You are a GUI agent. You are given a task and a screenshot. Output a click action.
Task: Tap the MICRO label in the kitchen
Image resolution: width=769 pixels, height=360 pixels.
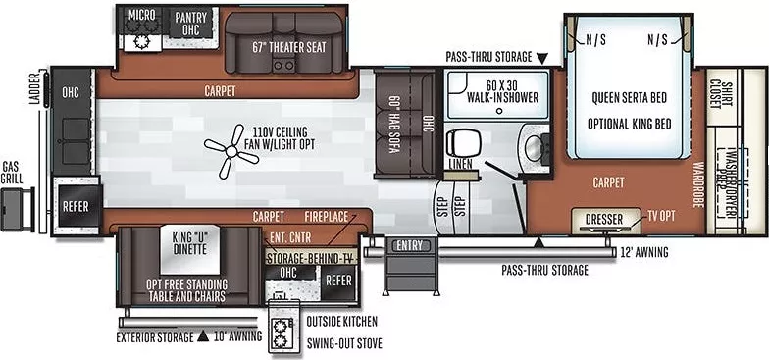(x=141, y=16)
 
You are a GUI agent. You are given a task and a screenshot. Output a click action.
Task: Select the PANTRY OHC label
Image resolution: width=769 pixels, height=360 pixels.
(x=190, y=24)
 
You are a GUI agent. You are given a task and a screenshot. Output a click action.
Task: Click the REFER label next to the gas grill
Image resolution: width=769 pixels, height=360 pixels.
(x=76, y=206)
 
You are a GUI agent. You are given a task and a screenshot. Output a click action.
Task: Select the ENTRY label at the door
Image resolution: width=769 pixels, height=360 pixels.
(x=406, y=246)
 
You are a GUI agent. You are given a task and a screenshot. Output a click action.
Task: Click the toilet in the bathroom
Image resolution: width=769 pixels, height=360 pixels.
(x=459, y=142)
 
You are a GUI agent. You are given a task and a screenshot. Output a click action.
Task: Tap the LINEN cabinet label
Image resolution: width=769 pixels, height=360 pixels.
(x=460, y=164)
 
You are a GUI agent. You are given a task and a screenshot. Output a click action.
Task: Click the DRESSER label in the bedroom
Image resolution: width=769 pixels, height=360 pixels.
(x=604, y=219)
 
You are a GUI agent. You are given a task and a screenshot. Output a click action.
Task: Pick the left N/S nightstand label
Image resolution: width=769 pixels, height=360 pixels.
(x=594, y=40)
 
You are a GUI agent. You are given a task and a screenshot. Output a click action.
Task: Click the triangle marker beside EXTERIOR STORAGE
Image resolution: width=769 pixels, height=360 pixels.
(x=202, y=336)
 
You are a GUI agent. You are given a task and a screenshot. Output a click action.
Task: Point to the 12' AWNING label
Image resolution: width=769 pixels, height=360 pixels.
(x=643, y=252)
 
